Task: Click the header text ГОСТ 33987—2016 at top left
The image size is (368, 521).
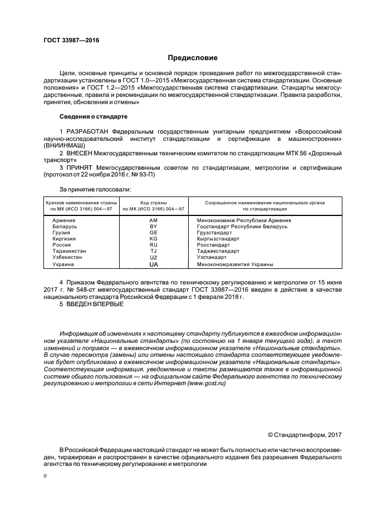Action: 67,41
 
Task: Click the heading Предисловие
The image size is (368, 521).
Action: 193,58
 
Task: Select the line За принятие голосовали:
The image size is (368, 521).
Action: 95,189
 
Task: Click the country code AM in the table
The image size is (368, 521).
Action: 154,220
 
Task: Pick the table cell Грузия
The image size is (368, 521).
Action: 61,233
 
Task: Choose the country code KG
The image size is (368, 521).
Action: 154,239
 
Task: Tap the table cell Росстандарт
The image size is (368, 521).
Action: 213,245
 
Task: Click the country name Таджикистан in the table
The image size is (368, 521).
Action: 69,251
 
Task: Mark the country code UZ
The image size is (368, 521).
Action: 154,258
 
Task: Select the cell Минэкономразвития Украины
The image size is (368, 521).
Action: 235,264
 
